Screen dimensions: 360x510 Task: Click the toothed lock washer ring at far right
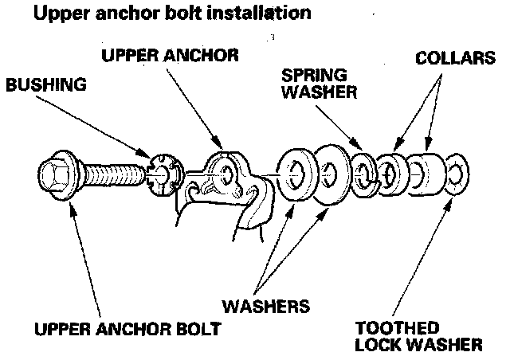(457, 172)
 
